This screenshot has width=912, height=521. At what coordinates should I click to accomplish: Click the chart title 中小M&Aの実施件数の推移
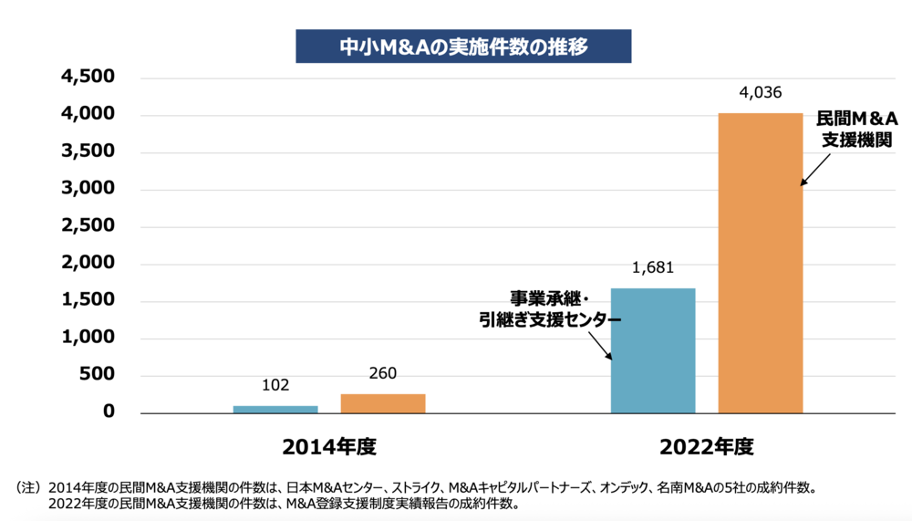click(x=464, y=47)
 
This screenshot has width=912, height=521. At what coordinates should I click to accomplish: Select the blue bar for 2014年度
click(x=275, y=409)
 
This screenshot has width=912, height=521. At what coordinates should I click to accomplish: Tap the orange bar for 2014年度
click(x=383, y=403)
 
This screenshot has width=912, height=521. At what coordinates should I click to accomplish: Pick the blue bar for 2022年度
click(x=653, y=351)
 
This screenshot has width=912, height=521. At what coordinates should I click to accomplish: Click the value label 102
click(x=275, y=386)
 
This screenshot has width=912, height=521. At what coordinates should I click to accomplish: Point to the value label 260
click(x=383, y=373)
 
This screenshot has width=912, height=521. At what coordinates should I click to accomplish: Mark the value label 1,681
click(x=653, y=268)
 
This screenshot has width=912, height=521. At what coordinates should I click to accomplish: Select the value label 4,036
click(x=761, y=92)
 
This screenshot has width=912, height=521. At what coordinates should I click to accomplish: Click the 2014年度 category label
click(x=329, y=448)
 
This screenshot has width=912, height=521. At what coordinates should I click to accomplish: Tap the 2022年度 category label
click(x=707, y=448)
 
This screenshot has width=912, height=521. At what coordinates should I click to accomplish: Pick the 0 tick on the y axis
click(x=109, y=412)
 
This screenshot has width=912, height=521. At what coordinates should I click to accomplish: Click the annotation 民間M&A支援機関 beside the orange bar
click(x=855, y=130)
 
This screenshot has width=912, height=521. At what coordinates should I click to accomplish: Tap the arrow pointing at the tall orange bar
click(x=816, y=169)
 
